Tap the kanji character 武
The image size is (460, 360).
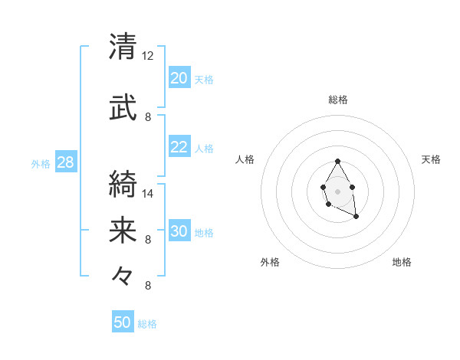[x=123, y=107]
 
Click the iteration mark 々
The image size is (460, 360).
[x=123, y=274]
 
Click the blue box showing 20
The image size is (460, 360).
[x=179, y=78]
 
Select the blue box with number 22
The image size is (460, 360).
[x=179, y=147]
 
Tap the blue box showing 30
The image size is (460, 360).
[x=179, y=231]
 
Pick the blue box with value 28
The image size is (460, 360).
[x=65, y=162]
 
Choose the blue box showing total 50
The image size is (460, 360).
[x=123, y=322]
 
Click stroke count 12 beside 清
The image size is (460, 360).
[x=148, y=57]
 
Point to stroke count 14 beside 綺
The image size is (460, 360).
[x=148, y=194]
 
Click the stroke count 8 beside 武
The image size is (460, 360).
[x=148, y=117]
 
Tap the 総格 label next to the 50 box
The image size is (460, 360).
[x=147, y=324]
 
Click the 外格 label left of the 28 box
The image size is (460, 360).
[x=41, y=163]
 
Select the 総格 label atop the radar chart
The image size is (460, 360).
[x=338, y=100]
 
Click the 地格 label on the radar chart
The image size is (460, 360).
[x=402, y=262]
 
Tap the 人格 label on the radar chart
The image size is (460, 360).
[x=245, y=159]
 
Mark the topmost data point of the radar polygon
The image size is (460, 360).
[x=338, y=162]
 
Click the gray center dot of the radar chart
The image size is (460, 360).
[x=338, y=191]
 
